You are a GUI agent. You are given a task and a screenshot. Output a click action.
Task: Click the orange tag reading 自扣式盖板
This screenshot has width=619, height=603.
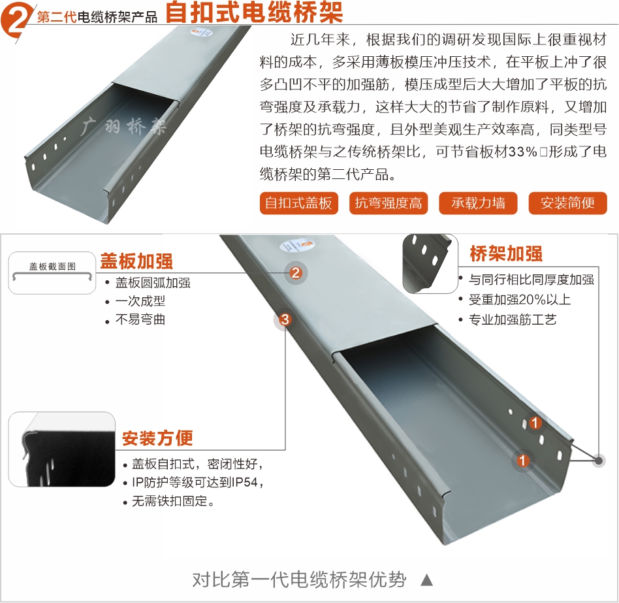299,203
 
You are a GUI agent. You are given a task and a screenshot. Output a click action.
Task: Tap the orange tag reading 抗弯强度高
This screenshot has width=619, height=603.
389,203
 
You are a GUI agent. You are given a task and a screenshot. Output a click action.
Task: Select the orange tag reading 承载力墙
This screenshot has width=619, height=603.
478,203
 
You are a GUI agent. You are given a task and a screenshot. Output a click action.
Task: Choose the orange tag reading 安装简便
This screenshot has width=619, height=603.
567,203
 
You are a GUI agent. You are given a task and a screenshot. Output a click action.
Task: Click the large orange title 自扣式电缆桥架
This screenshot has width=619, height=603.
254,12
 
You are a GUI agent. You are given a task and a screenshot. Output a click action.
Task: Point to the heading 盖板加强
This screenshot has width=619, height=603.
136,261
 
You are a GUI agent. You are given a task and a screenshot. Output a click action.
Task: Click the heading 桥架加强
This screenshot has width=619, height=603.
506,253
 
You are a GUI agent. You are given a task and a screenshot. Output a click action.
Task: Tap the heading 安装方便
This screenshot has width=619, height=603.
157,438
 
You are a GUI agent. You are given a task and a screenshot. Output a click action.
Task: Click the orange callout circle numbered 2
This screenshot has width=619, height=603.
296,272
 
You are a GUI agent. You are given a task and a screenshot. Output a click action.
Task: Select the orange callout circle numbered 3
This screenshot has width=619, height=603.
285,319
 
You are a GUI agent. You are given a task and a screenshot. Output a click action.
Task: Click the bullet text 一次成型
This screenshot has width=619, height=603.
140,301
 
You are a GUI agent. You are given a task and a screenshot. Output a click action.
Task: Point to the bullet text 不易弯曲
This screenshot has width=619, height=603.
140,319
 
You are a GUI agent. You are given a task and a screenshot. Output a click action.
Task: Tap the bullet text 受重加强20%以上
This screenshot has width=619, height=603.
520,300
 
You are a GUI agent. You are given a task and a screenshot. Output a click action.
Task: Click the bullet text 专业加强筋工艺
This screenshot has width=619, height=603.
513,319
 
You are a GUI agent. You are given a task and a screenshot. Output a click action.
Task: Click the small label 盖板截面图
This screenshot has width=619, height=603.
52,267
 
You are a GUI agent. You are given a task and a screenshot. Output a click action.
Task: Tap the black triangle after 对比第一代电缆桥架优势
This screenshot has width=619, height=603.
427,580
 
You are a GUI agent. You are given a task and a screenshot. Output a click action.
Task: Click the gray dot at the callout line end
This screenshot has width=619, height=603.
599,461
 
